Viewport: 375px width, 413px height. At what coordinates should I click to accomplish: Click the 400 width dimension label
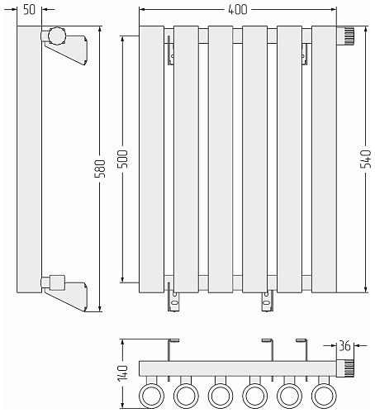click(x=238, y=10)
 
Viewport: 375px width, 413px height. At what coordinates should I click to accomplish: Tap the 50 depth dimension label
click(x=30, y=10)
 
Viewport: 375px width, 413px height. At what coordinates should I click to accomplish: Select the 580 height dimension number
click(x=100, y=169)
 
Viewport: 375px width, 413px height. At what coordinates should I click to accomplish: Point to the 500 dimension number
click(x=122, y=159)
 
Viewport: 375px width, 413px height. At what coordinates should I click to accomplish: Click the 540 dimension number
click(x=366, y=159)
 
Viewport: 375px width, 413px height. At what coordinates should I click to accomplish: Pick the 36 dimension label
click(x=344, y=346)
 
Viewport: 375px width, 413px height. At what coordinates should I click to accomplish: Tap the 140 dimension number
click(x=122, y=373)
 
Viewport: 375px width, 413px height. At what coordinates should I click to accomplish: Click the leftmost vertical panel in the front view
click(x=151, y=159)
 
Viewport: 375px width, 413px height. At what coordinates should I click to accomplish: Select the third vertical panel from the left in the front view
click(x=221, y=159)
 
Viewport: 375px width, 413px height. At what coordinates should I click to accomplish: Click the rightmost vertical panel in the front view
click(x=324, y=159)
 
